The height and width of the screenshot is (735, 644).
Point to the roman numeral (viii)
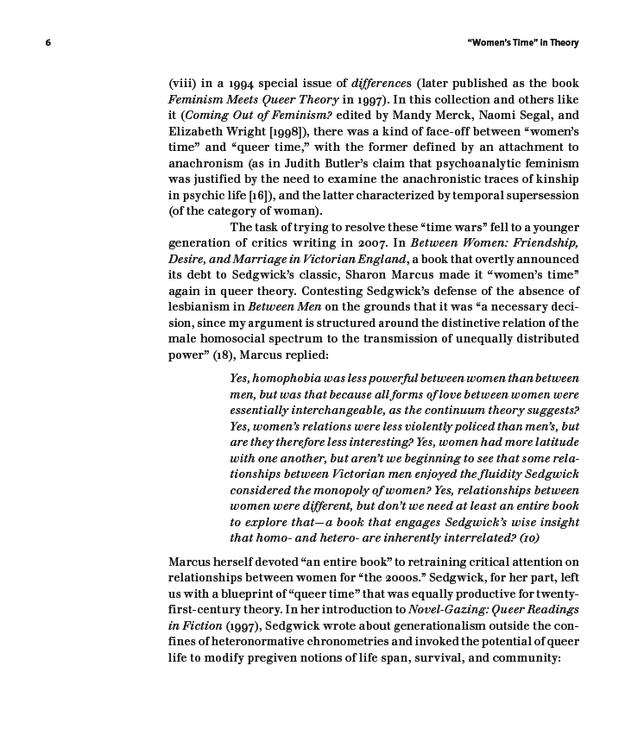pyautogui.click(x=184, y=84)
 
